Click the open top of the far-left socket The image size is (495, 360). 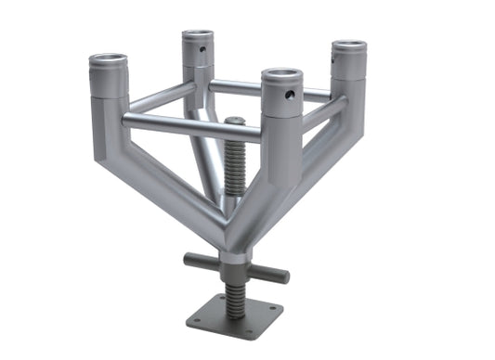tap(108, 61)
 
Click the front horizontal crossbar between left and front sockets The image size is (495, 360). tap(190, 123)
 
